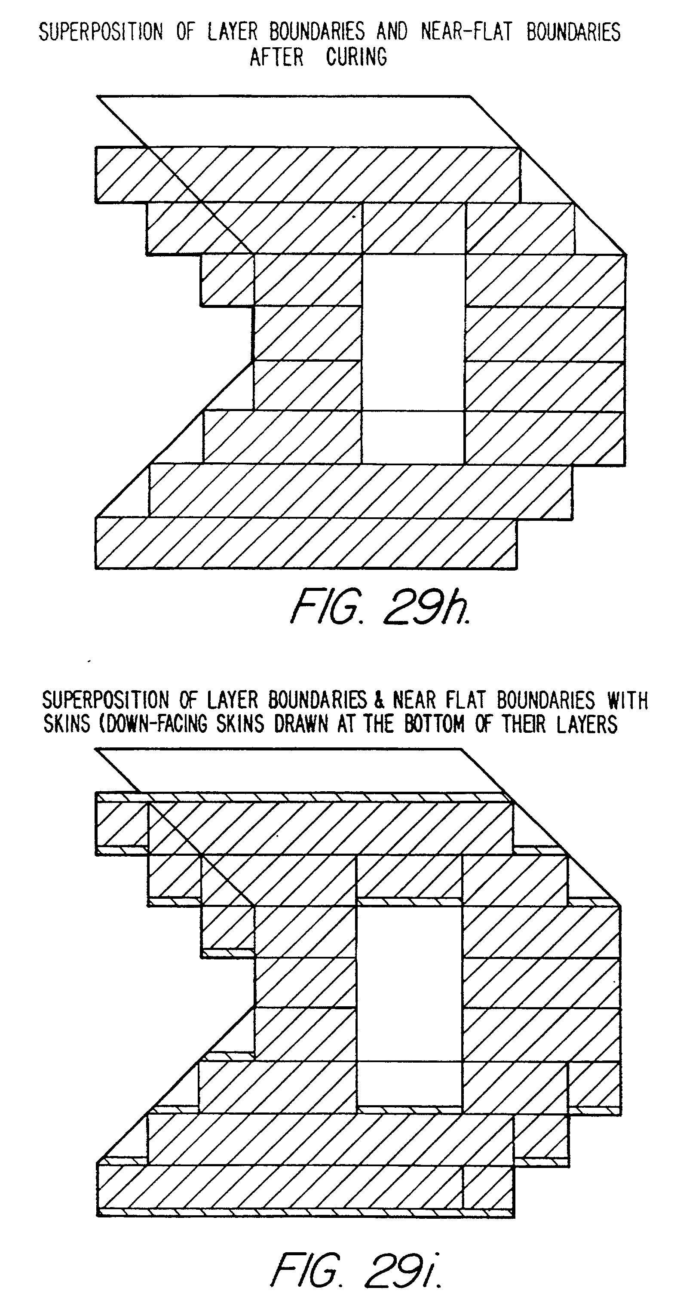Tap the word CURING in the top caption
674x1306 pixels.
point(356,57)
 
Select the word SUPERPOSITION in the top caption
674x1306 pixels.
point(101,32)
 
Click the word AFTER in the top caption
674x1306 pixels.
point(277,57)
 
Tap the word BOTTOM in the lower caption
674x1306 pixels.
point(434,724)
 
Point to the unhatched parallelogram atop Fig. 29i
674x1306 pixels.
point(304,770)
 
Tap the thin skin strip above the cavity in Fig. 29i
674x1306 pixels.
point(410,901)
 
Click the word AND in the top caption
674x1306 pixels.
point(392,32)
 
